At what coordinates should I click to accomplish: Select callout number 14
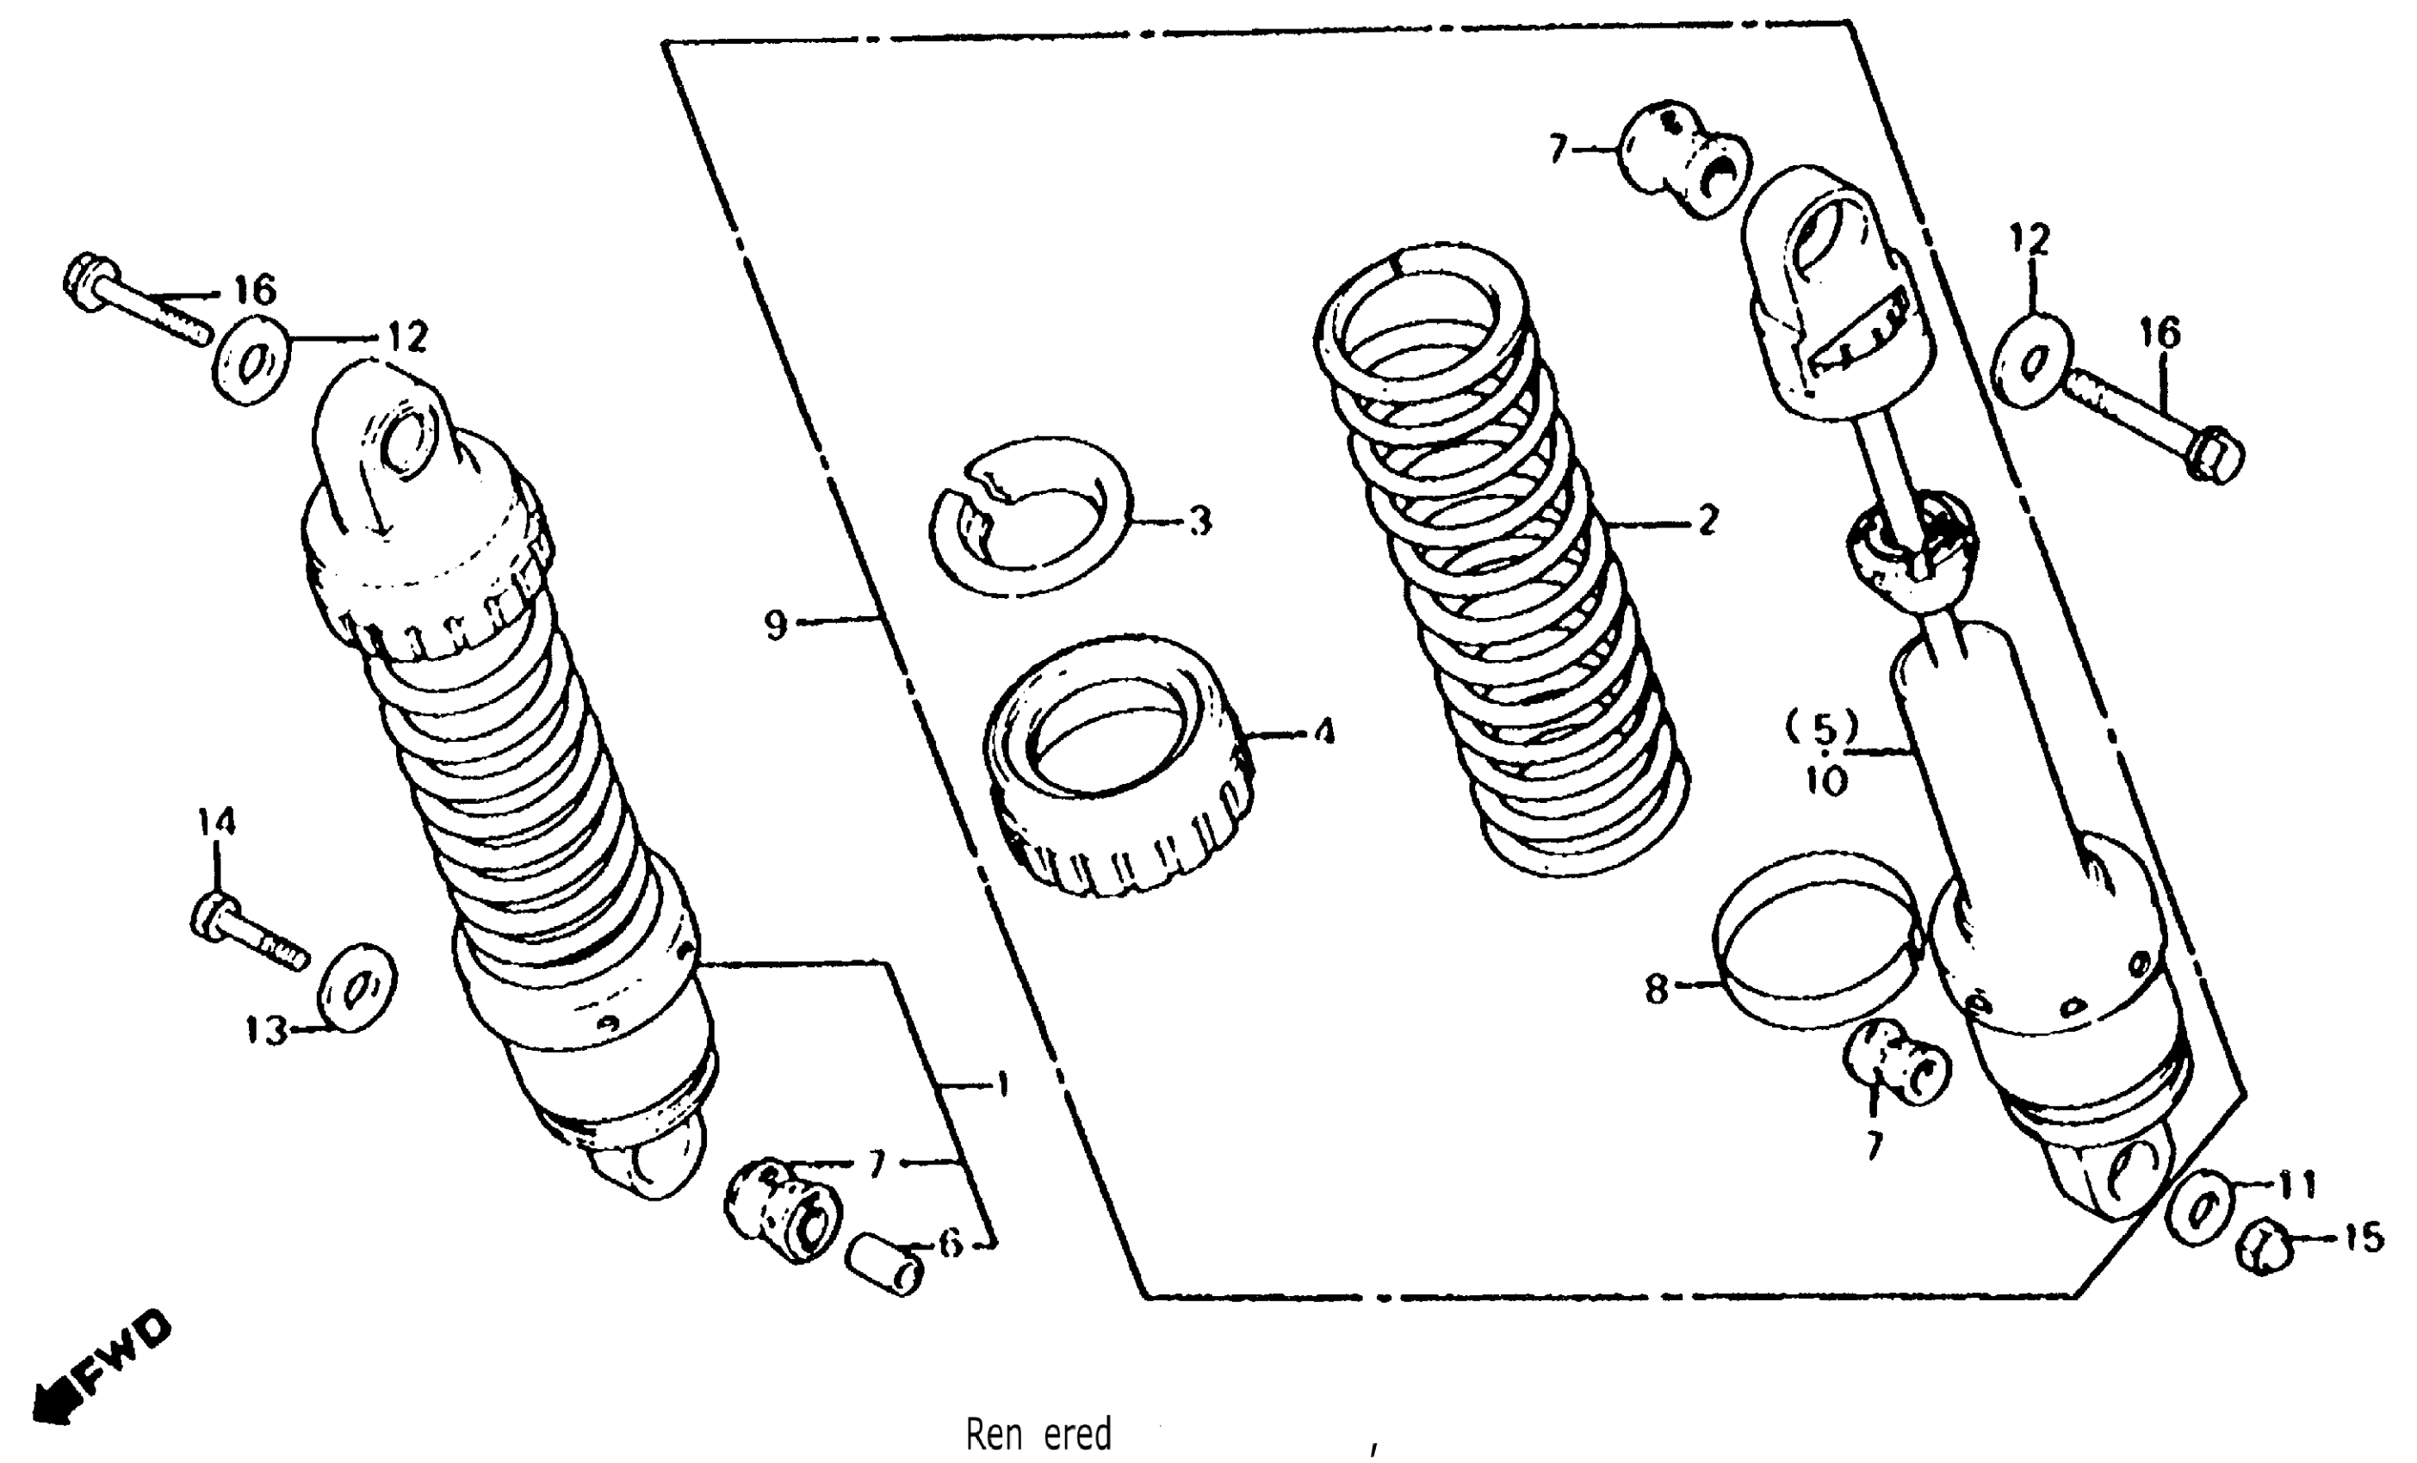216,822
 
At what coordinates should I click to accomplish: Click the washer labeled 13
358,987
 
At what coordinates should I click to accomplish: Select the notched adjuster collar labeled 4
1119,765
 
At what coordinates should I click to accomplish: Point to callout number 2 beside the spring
1707,521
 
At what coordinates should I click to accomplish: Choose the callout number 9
776,624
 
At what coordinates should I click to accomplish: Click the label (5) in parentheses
1822,729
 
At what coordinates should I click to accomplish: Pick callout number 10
1827,781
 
